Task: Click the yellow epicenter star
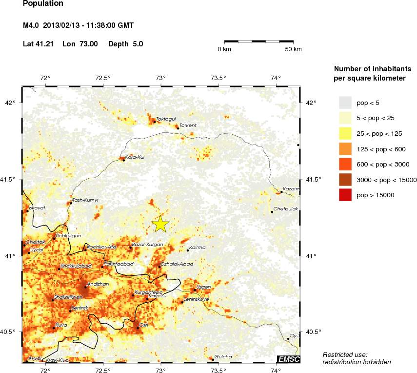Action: (160, 224)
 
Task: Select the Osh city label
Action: (144, 325)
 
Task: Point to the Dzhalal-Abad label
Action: (177, 264)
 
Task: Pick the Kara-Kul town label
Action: (135, 157)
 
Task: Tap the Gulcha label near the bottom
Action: (223, 357)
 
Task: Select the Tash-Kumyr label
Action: (85, 200)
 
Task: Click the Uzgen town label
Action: (203, 287)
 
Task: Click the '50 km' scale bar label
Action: (293, 49)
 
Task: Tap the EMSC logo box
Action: (288, 359)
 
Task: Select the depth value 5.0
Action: (138, 44)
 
